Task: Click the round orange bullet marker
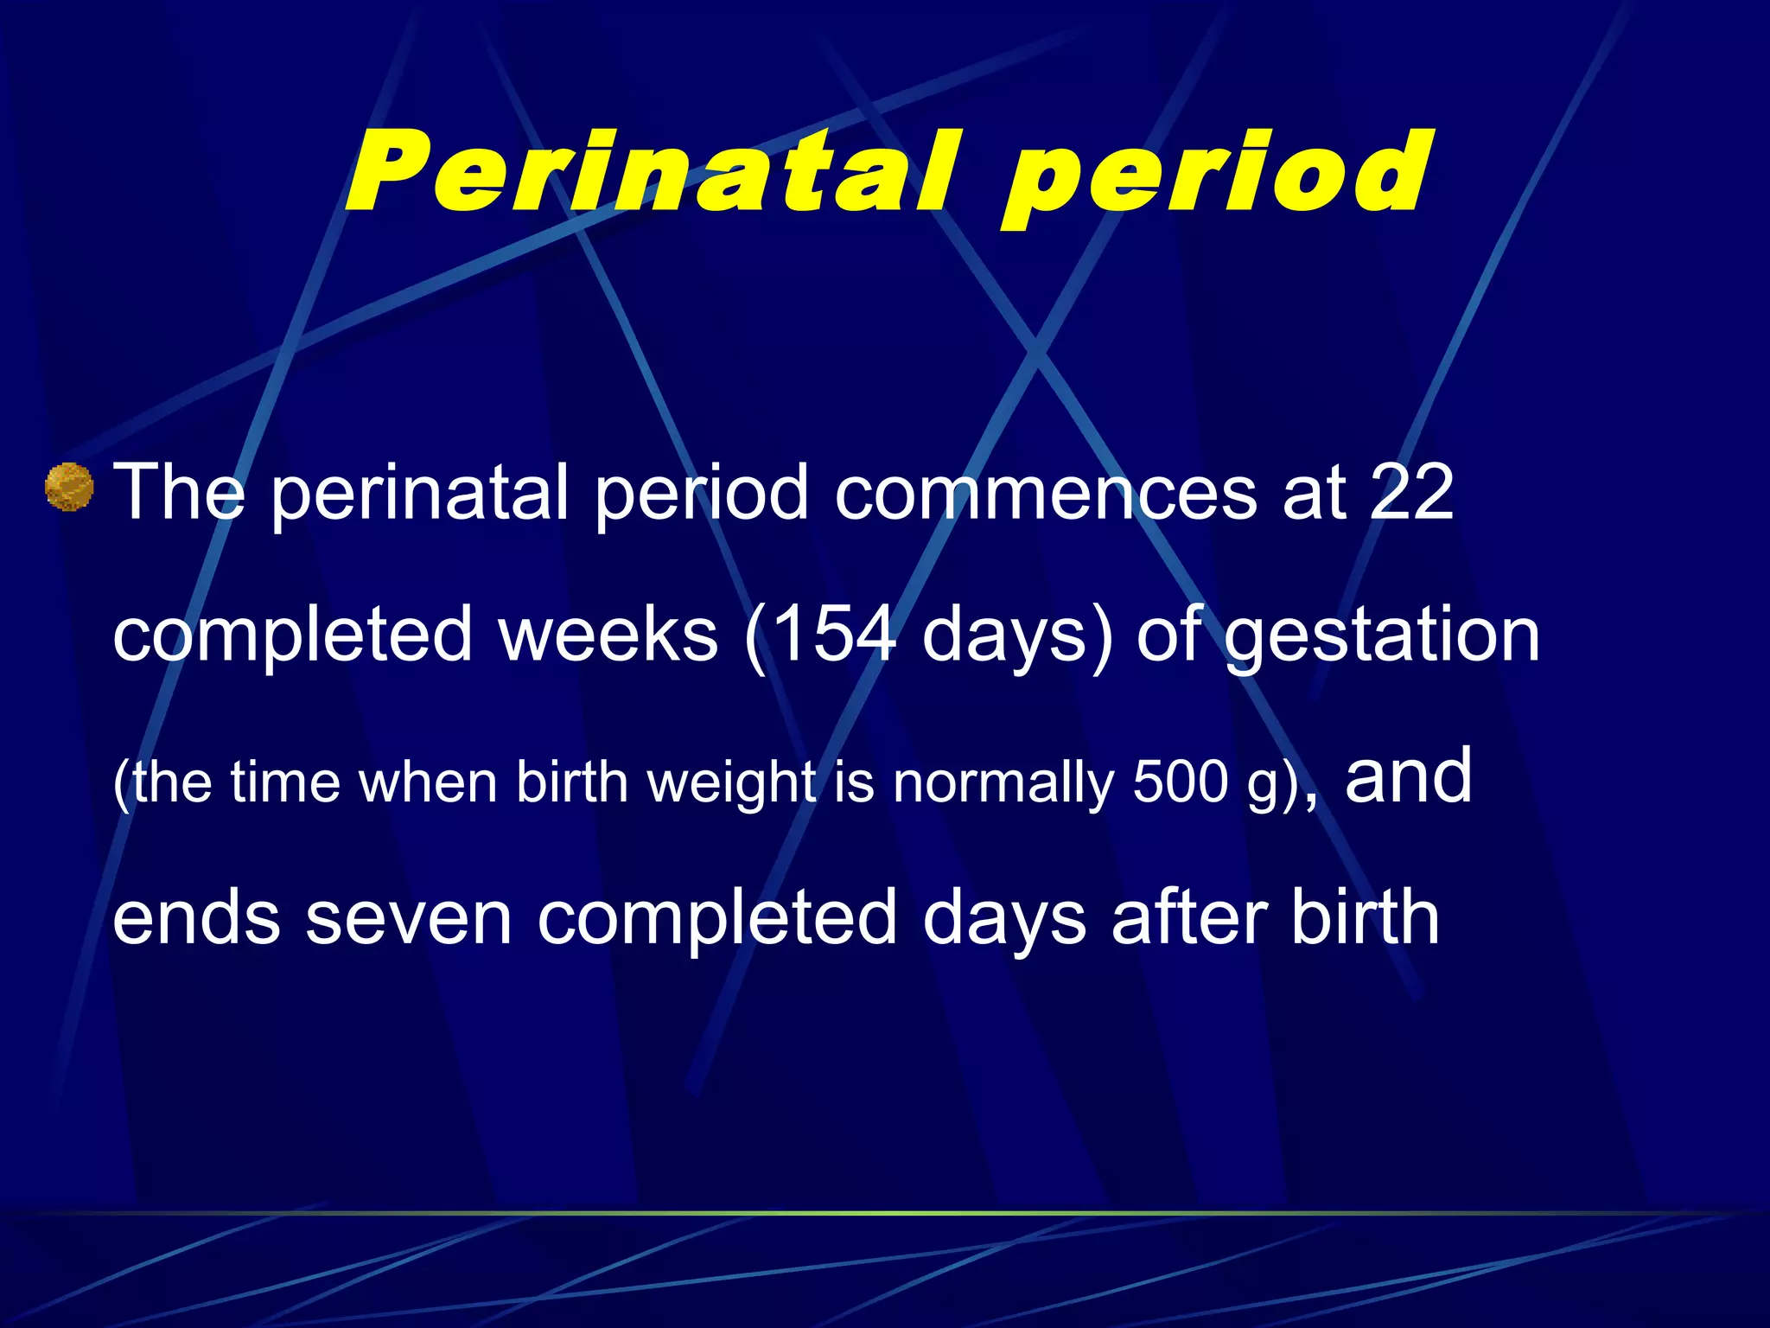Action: click(x=69, y=488)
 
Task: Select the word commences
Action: click(x=1046, y=493)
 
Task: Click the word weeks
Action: click(x=608, y=635)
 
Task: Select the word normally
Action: click(x=1003, y=783)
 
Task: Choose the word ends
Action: click(x=196, y=918)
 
